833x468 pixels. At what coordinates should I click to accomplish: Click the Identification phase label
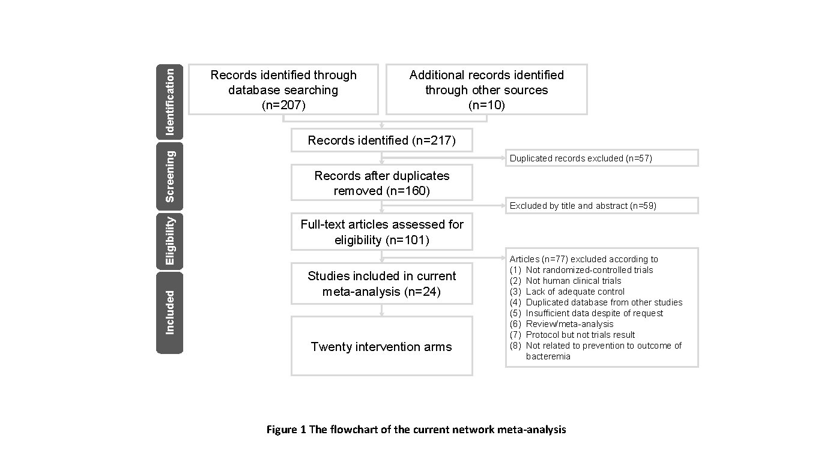point(170,101)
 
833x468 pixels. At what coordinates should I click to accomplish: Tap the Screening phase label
point(170,176)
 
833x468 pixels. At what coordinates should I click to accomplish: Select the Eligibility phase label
point(170,241)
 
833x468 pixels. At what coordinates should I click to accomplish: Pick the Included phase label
point(170,313)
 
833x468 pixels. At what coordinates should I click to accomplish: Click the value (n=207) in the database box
point(283,105)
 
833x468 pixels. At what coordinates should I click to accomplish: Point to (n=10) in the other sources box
point(486,105)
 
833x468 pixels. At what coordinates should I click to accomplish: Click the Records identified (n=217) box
point(381,141)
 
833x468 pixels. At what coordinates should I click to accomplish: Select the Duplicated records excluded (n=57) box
point(601,158)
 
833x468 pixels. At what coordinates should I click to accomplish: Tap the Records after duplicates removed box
point(381,183)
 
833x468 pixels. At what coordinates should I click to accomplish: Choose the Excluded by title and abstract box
point(601,206)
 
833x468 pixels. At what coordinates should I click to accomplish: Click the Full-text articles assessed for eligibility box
point(381,232)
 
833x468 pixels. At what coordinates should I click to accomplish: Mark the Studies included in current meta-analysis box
point(381,284)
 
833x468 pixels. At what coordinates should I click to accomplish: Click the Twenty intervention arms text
point(381,347)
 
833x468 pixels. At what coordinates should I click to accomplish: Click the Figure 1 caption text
point(416,430)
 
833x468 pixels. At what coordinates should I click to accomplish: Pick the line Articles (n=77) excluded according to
point(584,259)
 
